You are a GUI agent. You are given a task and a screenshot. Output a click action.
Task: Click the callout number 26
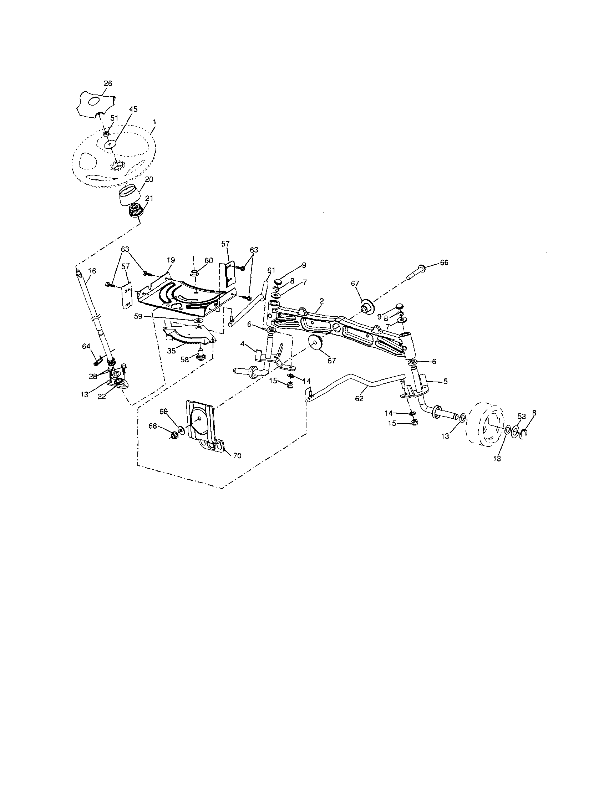coord(108,83)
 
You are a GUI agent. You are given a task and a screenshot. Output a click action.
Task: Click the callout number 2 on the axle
coord(322,301)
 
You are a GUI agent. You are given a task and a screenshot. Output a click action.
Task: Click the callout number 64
coord(86,347)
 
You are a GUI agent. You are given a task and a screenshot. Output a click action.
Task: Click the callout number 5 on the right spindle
coord(445,381)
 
